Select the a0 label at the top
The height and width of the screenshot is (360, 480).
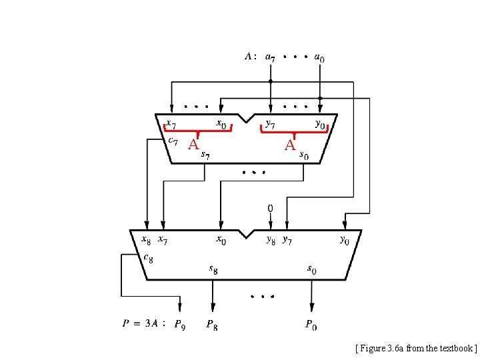click(x=319, y=58)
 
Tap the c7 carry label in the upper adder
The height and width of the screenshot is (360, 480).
click(x=172, y=140)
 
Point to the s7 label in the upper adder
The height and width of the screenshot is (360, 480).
click(x=207, y=155)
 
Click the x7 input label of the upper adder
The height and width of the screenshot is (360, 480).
click(x=171, y=124)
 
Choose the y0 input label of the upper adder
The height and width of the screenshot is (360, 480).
click(x=320, y=125)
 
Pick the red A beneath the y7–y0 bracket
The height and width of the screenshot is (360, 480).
click(x=290, y=145)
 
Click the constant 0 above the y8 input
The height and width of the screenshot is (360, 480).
click(x=270, y=209)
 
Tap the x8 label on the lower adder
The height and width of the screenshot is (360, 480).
click(x=146, y=239)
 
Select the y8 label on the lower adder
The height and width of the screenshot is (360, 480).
click(x=270, y=239)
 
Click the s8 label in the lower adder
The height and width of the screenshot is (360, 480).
click(x=213, y=269)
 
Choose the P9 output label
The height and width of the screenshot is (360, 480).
click(x=179, y=326)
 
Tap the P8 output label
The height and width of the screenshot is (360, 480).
click(x=212, y=326)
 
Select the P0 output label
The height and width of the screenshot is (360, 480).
click(x=311, y=326)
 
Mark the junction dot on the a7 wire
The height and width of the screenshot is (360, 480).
click(x=270, y=82)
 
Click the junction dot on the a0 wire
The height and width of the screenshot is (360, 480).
click(x=320, y=98)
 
